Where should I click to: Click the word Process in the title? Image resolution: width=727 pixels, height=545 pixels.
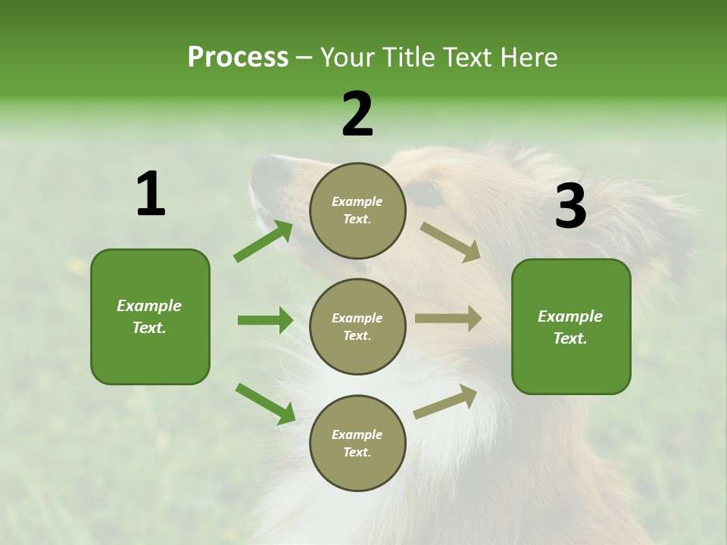click(238, 58)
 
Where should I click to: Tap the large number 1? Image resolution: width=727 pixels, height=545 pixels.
click(151, 195)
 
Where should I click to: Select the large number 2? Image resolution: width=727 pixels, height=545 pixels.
click(357, 114)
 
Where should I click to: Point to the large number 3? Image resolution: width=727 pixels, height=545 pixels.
click(570, 207)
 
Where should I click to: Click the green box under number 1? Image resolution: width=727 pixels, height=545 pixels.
click(150, 316)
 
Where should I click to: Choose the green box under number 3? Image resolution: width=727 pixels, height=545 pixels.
click(571, 326)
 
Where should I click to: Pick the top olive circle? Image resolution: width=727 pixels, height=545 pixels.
click(357, 210)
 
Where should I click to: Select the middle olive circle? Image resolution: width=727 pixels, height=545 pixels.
click(357, 326)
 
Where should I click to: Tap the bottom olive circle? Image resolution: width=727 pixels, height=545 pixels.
click(357, 443)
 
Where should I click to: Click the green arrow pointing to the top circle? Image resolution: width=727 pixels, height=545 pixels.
click(263, 241)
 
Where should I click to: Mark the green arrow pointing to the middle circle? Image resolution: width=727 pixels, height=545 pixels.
click(265, 320)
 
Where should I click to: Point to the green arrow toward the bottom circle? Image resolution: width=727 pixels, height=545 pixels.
click(265, 403)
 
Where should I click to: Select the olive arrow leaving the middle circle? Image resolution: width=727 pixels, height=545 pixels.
click(448, 318)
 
